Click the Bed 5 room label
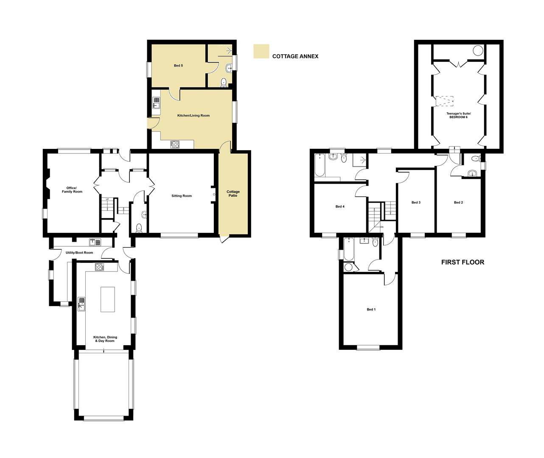pos(178,66)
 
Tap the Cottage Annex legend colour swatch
pos(261,51)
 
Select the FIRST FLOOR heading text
pos(463,262)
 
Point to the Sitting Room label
pos(182,196)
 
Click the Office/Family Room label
pos(72,190)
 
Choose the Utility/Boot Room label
pos(79,253)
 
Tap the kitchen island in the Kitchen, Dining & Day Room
pos(108,299)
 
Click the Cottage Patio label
pos(233,193)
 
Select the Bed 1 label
pos(371,309)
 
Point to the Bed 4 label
pos(340,207)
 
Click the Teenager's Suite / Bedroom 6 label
pos(459,115)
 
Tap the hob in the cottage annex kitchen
pos(174,144)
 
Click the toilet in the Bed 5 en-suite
pos(224,83)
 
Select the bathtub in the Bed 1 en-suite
pos(349,249)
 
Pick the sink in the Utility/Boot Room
pos(95,242)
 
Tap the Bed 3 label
pos(416,202)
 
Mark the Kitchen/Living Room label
pos(193,115)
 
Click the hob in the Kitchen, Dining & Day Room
pos(100,267)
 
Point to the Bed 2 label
pos(458,202)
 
